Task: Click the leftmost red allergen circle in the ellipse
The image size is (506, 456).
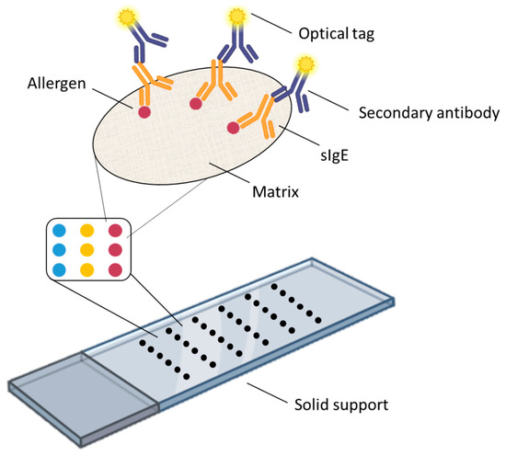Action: [x=144, y=112]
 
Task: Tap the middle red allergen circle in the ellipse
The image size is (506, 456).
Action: [x=196, y=105]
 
